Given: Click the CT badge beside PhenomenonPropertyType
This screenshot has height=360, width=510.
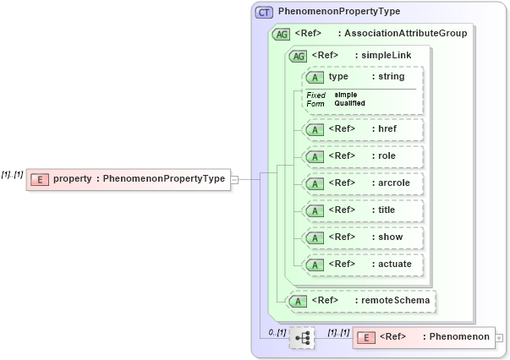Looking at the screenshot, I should [264, 12].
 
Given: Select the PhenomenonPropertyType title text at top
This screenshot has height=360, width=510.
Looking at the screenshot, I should [339, 12].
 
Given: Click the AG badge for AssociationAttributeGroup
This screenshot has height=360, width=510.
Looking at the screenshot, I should [280, 34].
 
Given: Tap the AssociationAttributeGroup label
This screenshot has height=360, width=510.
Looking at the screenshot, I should [402, 34].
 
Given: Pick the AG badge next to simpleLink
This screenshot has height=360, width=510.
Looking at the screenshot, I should [298, 56].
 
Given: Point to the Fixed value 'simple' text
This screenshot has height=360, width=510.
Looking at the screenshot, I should [345, 95].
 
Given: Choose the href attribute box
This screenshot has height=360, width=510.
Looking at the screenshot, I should [362, 129].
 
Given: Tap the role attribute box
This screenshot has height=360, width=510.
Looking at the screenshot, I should [362, 156].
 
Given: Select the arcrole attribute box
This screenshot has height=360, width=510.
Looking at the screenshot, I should [362, 183].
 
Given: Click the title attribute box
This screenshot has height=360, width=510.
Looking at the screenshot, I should [362, 210].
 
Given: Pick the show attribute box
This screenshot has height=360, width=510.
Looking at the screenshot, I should [362, 237].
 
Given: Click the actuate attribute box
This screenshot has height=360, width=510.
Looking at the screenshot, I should [362, 265].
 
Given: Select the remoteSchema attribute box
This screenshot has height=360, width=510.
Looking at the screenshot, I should [362, 300].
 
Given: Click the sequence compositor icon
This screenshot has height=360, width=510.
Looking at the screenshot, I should [301, 338].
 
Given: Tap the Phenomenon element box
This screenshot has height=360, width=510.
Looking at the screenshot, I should [424, 337].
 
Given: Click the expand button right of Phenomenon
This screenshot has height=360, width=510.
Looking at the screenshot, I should [499, 337].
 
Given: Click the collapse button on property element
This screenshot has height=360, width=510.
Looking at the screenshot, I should [234, 179].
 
